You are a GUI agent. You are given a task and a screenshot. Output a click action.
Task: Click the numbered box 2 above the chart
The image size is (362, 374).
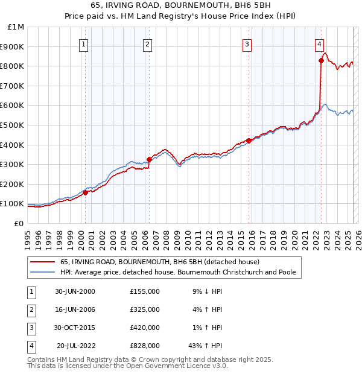click(147, 43)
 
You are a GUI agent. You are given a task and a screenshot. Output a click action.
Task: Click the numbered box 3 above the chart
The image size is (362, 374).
click(247, 43)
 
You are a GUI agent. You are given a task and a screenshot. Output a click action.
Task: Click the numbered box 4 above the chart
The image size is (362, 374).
click(319, 43)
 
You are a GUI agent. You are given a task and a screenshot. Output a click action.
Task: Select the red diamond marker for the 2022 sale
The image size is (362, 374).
click(321, 60)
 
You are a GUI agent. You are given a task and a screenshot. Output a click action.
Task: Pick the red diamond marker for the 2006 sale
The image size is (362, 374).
click(149, 159)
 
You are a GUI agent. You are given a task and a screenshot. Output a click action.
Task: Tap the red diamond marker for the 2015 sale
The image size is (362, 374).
click(249, 141)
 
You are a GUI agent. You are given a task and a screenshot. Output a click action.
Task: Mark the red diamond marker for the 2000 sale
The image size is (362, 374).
click(86, 192)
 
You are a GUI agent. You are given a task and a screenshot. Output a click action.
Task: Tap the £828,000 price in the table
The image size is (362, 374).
click(145, 346)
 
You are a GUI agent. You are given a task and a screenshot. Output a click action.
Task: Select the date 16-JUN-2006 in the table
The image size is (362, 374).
click(75, 309)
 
